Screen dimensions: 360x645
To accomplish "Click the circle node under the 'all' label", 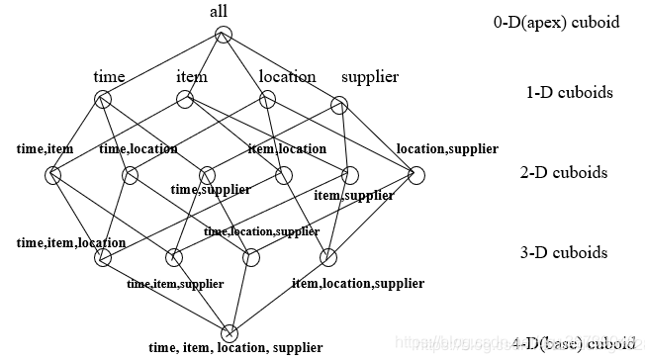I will pos(224,36).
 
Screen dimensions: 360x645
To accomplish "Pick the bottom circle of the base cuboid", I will pos(230,332).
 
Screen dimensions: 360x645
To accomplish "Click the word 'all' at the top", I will pos(219,11).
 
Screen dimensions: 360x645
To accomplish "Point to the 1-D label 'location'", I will pos(287,76).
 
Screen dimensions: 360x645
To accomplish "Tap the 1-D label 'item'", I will pos(191,76).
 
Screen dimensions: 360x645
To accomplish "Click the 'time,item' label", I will pos(46,149).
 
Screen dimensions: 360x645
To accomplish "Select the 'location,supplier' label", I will pos(447,149).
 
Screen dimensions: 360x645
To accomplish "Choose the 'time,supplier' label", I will pos(211,189).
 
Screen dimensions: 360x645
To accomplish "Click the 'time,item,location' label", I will pos(71,242).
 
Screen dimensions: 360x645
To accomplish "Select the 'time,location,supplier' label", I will pos(262,231).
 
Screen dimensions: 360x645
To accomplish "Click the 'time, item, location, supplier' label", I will pos(235,348).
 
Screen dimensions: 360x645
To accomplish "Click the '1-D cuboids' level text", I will pos(569,93).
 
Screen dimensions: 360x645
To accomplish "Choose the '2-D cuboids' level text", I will pos(564,173).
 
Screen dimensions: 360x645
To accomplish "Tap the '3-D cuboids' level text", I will pos(564,252).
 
